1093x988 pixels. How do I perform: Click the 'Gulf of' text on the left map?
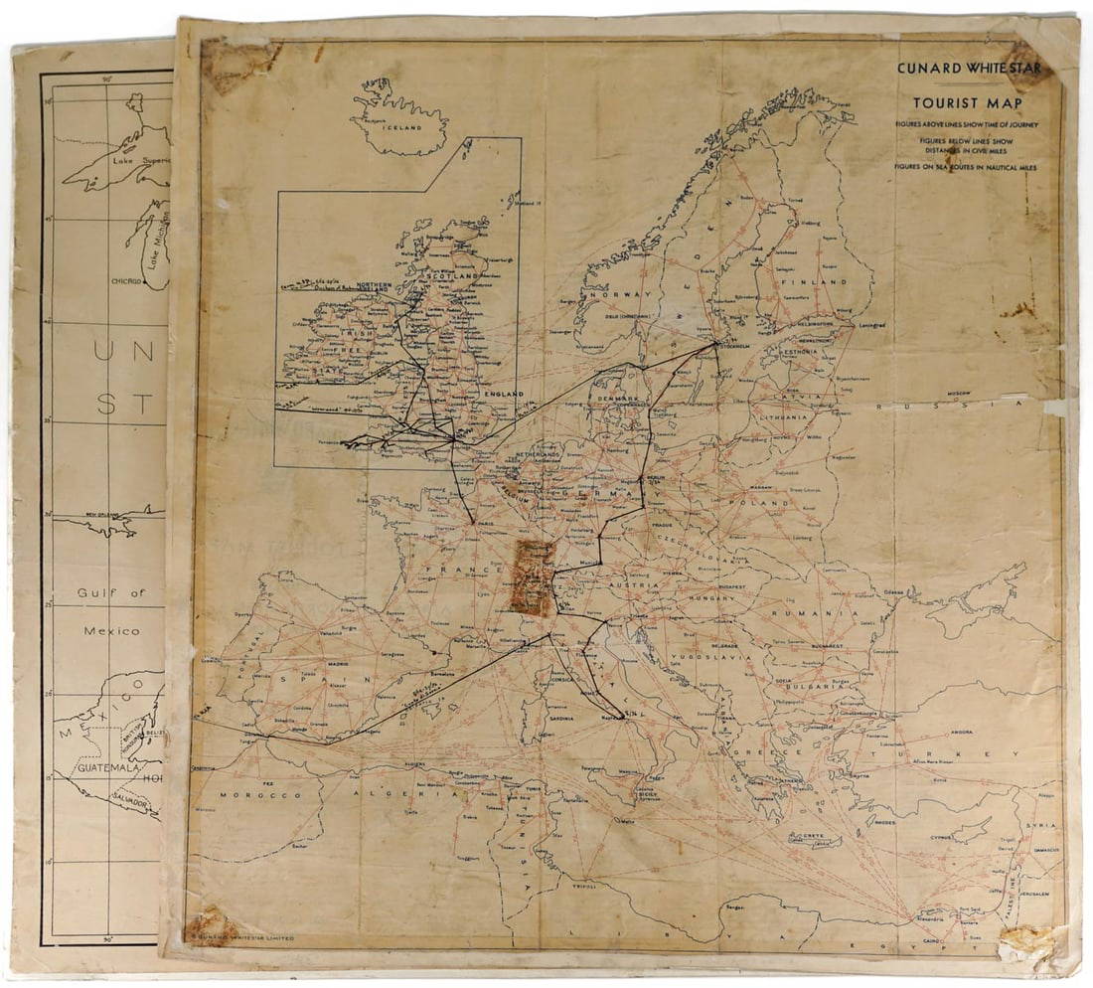(111, 593)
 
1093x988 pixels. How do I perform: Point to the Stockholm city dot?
(716, 345)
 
